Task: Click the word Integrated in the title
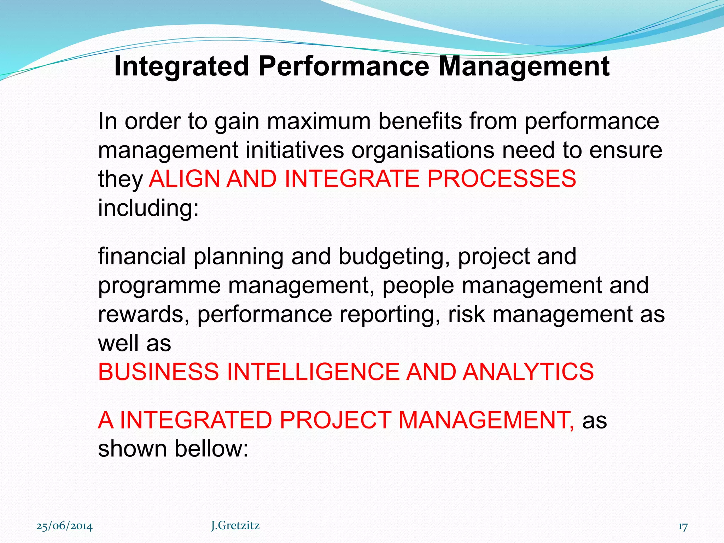(x=182, y=66)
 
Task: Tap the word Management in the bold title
(x=524, y=66)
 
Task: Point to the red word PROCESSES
(x=502, y=179)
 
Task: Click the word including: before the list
(x=148, y=208)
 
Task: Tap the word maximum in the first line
(x=318, y=121)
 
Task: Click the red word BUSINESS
(x=158, y=372)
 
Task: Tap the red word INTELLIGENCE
(x=313, y=372)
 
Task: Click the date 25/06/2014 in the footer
(x=64, y=526)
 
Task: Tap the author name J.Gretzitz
(x=235, y=526)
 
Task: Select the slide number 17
(x=683, y=527)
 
